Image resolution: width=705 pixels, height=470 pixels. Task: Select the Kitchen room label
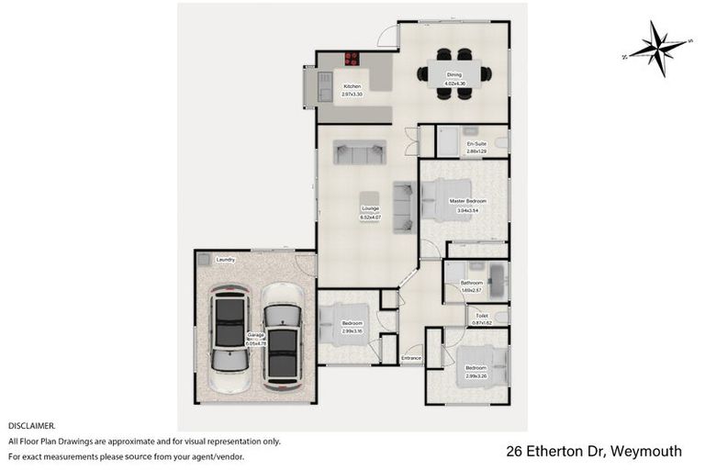(x=352, y=86)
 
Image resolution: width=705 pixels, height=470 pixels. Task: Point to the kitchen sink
(x=322, y=88)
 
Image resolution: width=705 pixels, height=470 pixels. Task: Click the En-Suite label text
(x=476, y=144)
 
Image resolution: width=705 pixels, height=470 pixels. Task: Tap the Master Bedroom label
(x=467, y=200)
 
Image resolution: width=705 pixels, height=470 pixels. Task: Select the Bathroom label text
(x=472, y=283)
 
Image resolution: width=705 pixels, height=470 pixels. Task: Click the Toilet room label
(x=481, y=316)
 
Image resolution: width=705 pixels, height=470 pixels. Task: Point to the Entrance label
(x=411, y=358)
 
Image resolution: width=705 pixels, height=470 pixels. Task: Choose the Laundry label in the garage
(x=226, y=260)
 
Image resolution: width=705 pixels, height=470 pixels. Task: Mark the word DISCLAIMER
(x=32, y=426)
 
